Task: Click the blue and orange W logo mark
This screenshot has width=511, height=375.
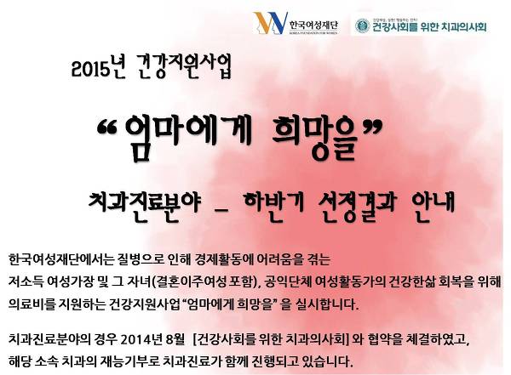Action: coord(271,23)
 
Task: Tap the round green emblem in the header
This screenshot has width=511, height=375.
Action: coord(363,26)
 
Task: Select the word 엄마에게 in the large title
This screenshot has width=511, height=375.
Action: coord(187,137)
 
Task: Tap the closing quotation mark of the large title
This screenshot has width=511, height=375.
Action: coord(371,127)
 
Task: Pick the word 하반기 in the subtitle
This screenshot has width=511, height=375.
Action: coord(274,204)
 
